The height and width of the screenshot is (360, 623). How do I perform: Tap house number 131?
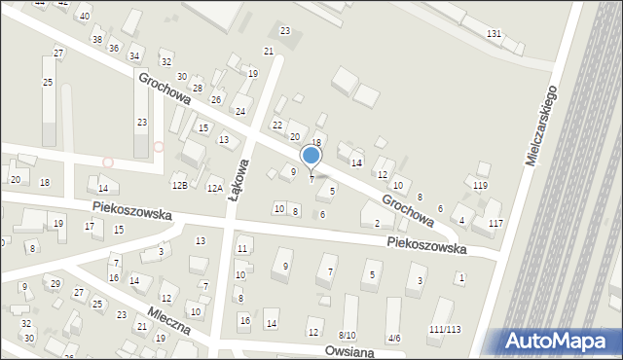pos(495,34)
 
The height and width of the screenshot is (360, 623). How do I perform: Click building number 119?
pos(480,185)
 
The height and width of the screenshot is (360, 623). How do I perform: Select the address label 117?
pos(496,224)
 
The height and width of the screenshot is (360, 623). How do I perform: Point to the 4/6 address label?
pos(393,338)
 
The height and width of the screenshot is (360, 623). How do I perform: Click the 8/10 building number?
pos(347,335)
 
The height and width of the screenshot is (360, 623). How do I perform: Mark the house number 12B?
pos(179,185)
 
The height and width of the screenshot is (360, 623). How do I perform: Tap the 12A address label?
pos(215,189)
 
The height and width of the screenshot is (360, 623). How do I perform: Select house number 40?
pos(86,17)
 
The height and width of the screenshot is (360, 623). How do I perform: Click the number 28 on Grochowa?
pos(198,89)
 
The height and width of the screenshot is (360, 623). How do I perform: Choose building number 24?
pos(239,111)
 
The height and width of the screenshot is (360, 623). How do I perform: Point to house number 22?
pos(277,125)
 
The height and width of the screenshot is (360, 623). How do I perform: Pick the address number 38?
pos(96,39)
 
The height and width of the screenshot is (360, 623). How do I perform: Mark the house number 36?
pos(114,48)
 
